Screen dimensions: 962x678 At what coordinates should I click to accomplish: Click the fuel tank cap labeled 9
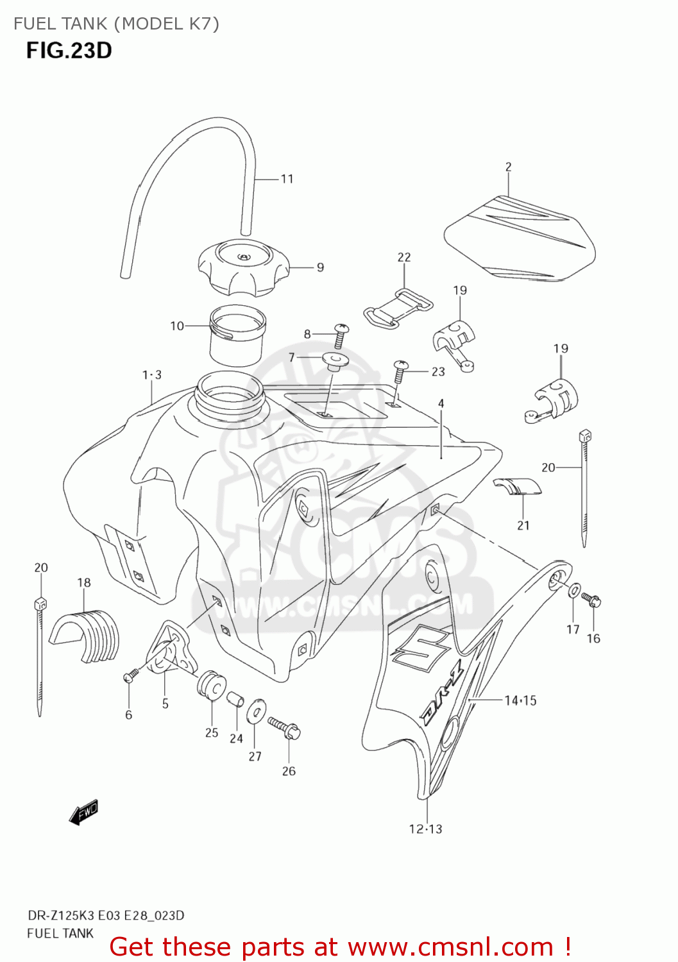coord(243,267)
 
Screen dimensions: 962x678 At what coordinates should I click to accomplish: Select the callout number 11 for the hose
coord(287,179)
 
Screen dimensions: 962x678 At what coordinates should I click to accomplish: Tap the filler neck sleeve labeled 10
coord(237,335)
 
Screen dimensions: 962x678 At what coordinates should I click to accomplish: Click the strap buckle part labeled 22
coord(398,307)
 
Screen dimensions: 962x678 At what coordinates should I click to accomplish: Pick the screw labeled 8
coord(341,335)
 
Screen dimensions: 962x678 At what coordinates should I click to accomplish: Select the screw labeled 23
coord(400,371)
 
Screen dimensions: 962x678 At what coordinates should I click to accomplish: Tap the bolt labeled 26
coord(285,729)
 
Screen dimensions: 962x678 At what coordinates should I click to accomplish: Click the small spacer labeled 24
coord(236,698)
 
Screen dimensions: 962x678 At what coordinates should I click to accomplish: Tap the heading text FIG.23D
coord(69,50)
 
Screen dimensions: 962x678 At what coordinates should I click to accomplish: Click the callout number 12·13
coord(425,829)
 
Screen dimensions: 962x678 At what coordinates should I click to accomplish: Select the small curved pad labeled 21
coord(518,486)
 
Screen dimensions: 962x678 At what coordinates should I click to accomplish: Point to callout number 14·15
coord(520,700)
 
